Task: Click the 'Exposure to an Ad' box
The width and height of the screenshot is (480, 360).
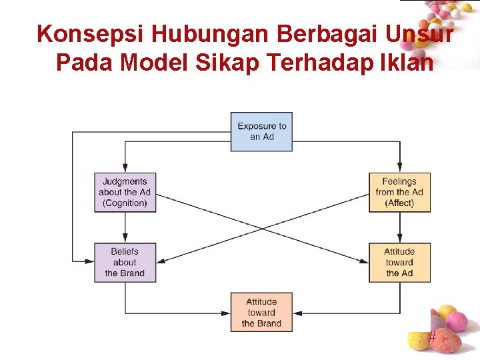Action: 261,131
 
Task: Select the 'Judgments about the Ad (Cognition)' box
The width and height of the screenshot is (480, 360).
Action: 125,192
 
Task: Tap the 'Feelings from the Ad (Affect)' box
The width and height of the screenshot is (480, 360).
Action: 399,192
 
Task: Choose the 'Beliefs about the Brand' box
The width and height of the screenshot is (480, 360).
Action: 125,262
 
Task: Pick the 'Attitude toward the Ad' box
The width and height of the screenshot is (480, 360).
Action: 399,262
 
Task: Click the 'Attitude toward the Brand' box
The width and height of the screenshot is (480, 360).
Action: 261,312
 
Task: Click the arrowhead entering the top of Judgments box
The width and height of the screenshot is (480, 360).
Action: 125,169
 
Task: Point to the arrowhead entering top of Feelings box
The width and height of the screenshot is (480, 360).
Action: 399,169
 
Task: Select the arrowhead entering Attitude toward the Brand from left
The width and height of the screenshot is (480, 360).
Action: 227,312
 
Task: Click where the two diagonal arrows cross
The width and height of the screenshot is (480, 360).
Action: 261,227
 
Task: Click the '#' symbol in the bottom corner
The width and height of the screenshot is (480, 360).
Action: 432,337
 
